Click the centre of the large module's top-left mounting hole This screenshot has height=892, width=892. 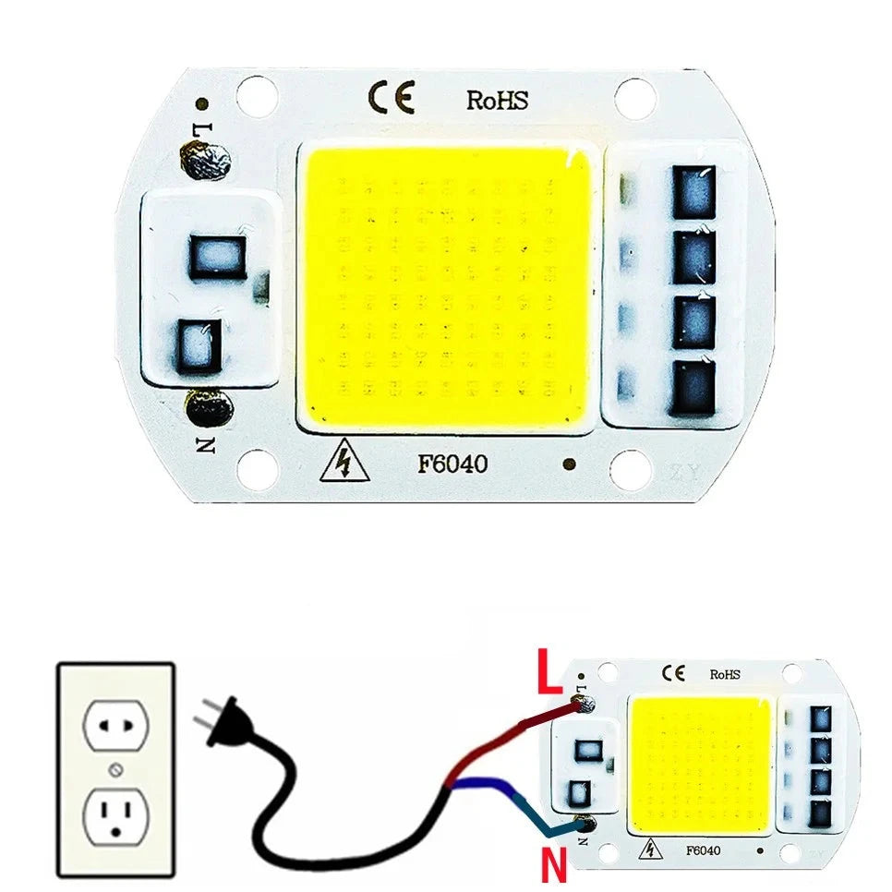pyautogui.click(x=257, y=95)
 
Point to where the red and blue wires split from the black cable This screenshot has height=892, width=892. pyautogui.click(x=450, y=786)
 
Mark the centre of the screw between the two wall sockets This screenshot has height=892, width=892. pyautogui.click(x=115, y=771)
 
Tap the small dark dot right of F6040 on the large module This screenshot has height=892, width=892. pyautogui.click(x=568, y=464)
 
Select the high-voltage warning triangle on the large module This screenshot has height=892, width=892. pyautogui.click(x=344, y=460)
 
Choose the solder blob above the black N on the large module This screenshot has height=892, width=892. pyautogui.click(x=209, y=407)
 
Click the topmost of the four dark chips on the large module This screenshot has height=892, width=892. pyautogui.click(x=693, y=192)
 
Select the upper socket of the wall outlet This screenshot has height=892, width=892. pyautogui.click(x=115, y=726)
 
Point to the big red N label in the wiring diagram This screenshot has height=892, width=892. pyautogui.click(x=553, y=863)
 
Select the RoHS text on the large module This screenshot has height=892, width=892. pyautogui.click(x=497, y=100)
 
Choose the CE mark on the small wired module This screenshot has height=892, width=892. pyautogui.click(x=673, y=673)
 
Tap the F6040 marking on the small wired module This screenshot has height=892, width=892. pyautogui.click(x=703, y=851)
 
